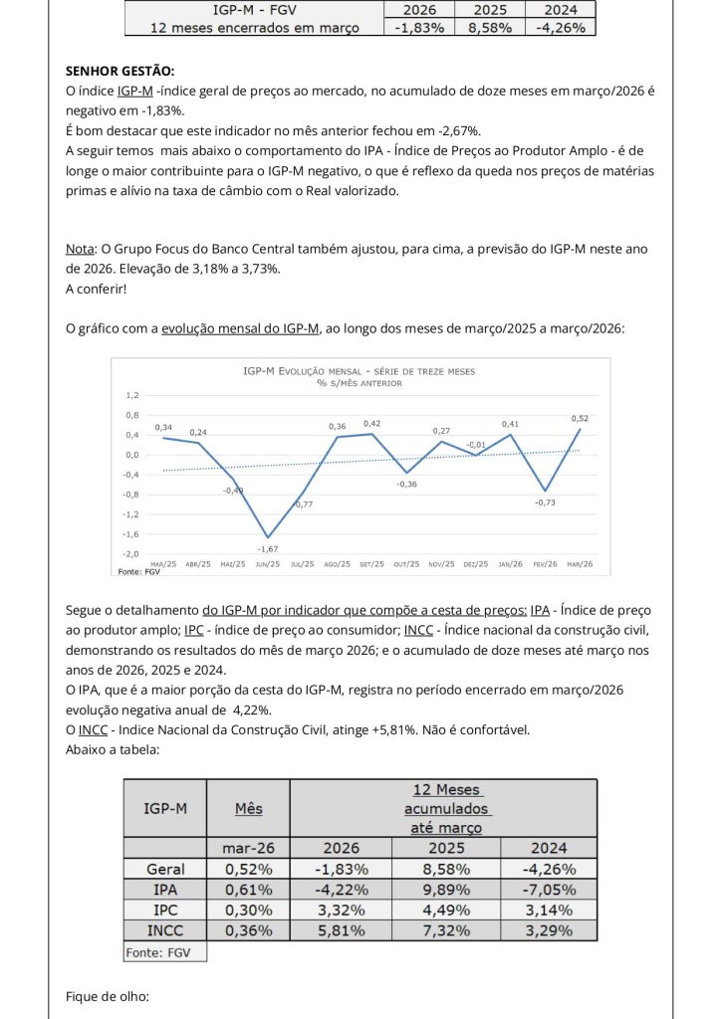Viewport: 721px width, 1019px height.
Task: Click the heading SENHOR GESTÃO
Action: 119,72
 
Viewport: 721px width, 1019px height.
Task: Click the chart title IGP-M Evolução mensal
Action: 360,370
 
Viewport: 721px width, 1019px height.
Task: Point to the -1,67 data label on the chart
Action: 267,548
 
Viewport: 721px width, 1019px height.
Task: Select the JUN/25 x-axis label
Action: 268,564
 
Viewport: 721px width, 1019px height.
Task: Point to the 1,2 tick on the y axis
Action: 132,395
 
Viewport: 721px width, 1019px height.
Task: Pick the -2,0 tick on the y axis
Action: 130,554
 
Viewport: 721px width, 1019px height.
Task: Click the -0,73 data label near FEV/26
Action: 545,503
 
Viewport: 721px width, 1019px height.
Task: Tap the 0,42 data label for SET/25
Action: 371,424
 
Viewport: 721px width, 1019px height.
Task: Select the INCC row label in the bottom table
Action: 165,929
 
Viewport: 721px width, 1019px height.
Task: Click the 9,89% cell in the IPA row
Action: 445,889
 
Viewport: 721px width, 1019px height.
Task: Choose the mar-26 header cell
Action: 247,848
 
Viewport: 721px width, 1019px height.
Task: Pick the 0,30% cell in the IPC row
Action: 247,910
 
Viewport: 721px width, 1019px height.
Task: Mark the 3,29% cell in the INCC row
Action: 548,929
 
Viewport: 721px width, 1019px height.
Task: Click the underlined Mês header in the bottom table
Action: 248,808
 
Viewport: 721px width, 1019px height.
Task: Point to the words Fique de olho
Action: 108,995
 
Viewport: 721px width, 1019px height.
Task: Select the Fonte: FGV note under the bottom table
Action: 164,952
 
